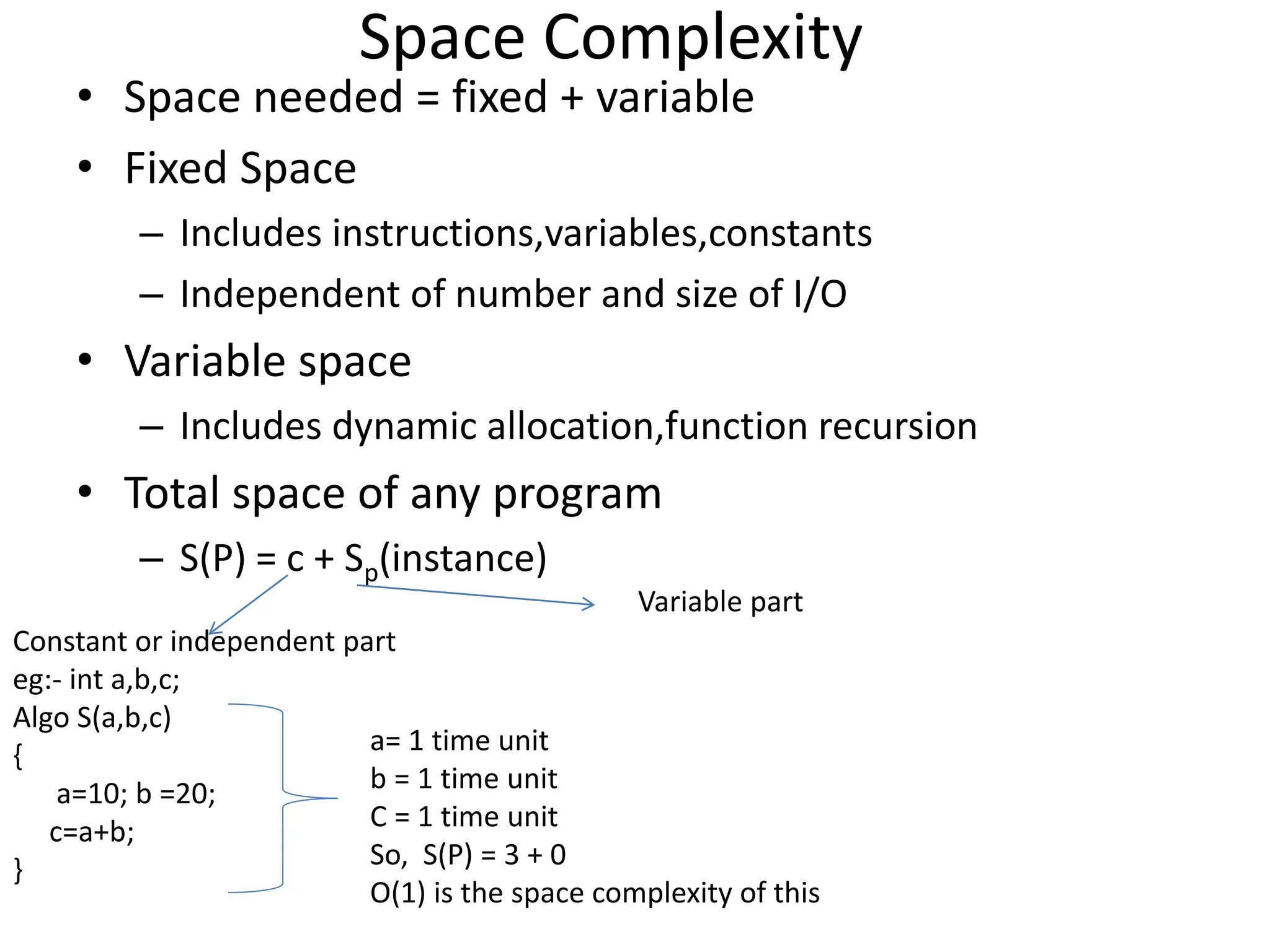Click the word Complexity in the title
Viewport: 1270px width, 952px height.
click(702, 38)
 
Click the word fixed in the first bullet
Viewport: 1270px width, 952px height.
click(499, 97)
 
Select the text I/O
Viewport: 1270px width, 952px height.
click(819, 294)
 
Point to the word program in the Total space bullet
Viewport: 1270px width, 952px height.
click(577, 494)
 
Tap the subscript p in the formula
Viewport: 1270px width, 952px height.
click(371, 572)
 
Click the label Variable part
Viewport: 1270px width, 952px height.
click(720, 602)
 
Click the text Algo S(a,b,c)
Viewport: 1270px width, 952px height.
click(92, 718)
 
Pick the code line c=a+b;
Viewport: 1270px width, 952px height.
click(92, 832)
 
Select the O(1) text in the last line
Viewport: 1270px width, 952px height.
click(397, 893)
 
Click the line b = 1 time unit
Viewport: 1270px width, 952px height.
click(463, 779)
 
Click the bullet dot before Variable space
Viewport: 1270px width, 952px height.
click(86, 359)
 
